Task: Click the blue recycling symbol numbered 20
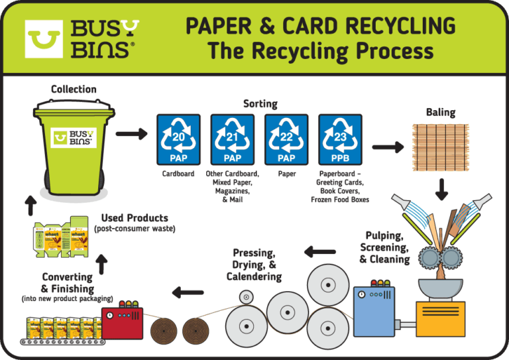[x=178, y=139]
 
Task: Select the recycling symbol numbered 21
[x=233, y=139]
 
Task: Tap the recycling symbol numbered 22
[x=286, y=139]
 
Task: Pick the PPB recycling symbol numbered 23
[x=340, y=139]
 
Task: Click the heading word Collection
[x=74, y=90]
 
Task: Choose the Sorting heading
[x=260, y=103]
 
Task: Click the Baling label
[x=441, y=112]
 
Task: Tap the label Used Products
[x=135, y=217]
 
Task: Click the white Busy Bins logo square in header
[x=44, y=38]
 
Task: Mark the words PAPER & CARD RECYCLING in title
[x=320, y=27]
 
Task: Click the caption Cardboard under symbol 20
[x=178, y=174]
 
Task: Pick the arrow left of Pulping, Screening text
[x=319, y=251]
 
